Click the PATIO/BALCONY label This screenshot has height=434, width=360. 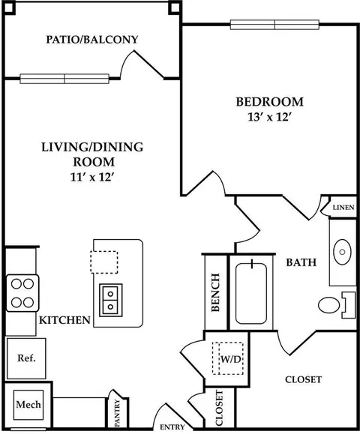(92, 40)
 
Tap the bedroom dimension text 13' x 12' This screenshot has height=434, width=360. (270, 118)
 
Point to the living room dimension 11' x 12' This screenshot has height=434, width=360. (92, 177)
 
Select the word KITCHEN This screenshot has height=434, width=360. (64, 320)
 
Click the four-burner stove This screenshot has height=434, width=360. (22, 293)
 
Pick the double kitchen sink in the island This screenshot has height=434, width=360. (111, 300)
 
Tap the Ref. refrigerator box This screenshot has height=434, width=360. (26, 358)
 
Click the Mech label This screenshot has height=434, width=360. (28, 404)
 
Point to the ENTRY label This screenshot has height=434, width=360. (172, 427)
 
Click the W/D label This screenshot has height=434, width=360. (231, 359)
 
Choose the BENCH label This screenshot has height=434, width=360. (215, 292)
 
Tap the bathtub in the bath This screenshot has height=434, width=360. (251, 293)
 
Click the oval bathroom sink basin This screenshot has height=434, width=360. (342, 252)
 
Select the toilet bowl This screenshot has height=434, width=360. (329, 305)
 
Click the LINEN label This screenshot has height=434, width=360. (343, 208)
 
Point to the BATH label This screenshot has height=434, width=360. (301, 262)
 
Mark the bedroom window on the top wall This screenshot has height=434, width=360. (274, 25)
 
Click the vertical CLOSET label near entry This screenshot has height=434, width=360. (219, 408)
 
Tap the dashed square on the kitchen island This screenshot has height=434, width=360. (104, 262)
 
